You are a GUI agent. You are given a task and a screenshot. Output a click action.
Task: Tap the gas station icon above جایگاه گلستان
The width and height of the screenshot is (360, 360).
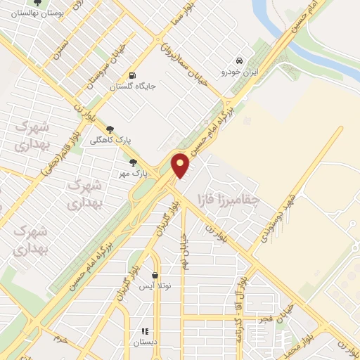pos(131,76)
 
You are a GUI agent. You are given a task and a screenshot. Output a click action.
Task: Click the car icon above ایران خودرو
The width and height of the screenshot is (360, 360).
pos(240,60)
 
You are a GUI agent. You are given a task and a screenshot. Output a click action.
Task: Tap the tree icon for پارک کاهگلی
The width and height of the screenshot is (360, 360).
pos(110,129)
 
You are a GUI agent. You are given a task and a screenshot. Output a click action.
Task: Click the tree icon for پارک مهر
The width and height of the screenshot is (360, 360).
pos(134,162)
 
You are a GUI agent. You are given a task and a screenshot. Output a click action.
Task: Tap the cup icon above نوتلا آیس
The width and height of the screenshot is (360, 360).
pos(154,276)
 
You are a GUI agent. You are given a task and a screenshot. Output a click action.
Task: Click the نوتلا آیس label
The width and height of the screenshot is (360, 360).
pos(154,287)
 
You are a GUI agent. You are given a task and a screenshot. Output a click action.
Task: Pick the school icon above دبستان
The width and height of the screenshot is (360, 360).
pos(145,331)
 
